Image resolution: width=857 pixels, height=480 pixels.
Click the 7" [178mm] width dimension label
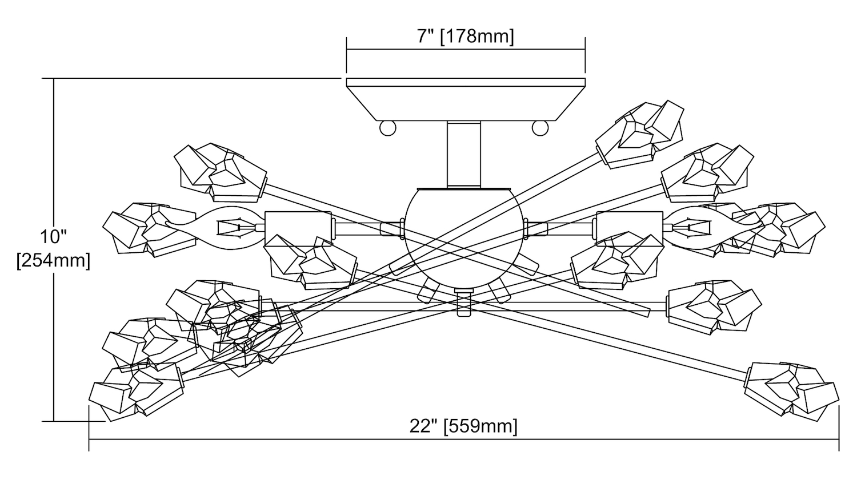464,37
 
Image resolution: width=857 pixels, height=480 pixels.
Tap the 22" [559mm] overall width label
463,426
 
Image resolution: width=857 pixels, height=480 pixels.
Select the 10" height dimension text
54,236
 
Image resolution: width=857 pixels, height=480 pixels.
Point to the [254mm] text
54,260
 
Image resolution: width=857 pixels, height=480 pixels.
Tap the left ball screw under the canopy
388,128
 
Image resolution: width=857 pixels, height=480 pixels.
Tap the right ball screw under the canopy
540,128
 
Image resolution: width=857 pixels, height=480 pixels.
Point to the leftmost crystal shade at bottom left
135,392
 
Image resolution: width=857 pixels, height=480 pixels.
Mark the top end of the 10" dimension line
54,78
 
